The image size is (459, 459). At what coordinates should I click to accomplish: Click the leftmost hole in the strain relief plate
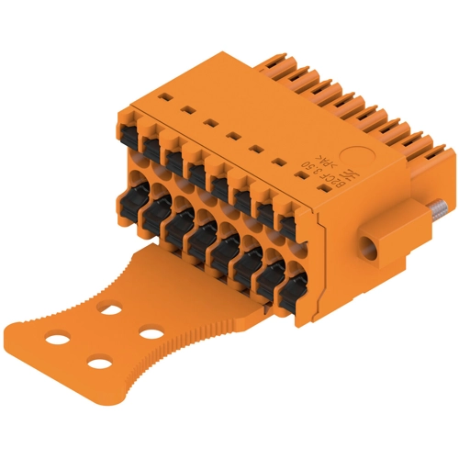[x=54, y=341]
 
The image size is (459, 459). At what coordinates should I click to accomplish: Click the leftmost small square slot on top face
[x=165, y=96]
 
